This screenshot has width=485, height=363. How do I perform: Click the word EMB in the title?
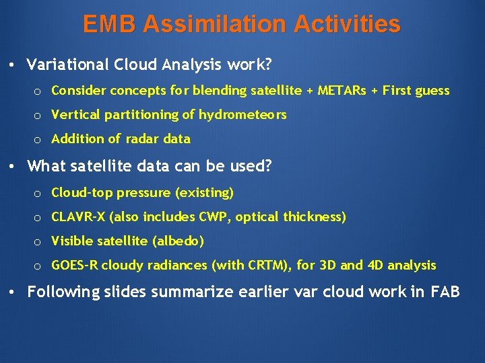pos(110,25)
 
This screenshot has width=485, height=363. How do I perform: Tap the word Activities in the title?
pos(345,25)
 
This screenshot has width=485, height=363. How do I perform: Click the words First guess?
pos(416,90)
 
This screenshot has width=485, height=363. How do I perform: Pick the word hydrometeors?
pos(243,115)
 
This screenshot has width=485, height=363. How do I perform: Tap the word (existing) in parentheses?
pos(204,193)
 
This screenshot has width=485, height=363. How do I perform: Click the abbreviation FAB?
pos(445,292)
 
